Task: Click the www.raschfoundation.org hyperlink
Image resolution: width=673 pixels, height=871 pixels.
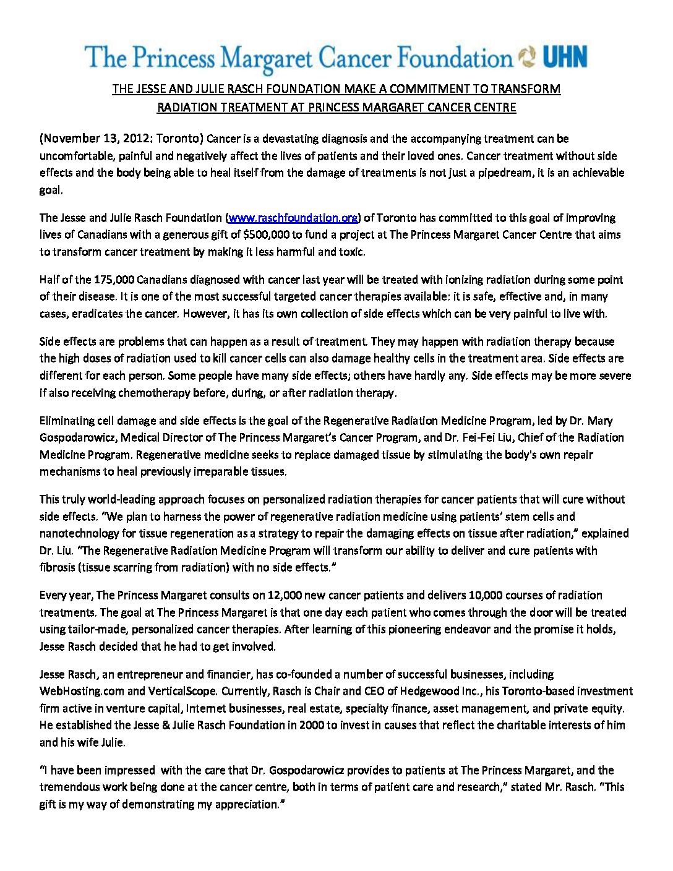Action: (x=293, y=218)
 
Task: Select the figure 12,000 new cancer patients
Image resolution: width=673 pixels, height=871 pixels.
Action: (x=285, y=596)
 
